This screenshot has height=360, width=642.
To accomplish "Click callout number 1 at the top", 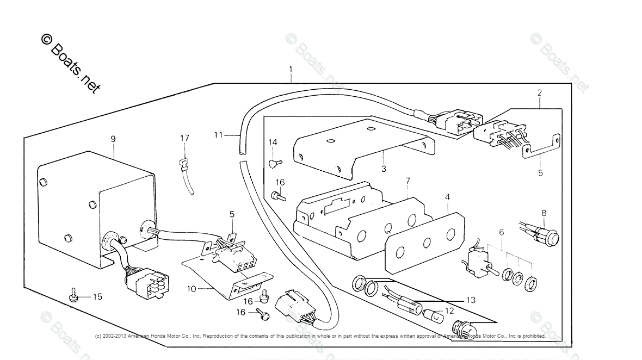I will pos(291,70).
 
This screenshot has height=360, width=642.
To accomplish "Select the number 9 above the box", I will pos(113,139).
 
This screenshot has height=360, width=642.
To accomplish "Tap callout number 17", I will pos(185,138).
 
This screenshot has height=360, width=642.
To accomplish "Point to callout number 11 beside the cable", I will pos(218,134).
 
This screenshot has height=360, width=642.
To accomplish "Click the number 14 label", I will pos(273,142).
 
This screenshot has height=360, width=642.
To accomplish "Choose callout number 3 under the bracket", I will pos(384,169).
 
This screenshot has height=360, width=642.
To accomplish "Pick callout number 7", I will pos(407,181).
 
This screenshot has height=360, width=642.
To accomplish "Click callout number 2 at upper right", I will pos(539,93).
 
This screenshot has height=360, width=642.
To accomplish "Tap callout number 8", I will pos(543,213).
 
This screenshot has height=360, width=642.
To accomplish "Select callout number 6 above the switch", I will pos(501,232).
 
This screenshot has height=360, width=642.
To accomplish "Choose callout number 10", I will pos(192,288).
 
